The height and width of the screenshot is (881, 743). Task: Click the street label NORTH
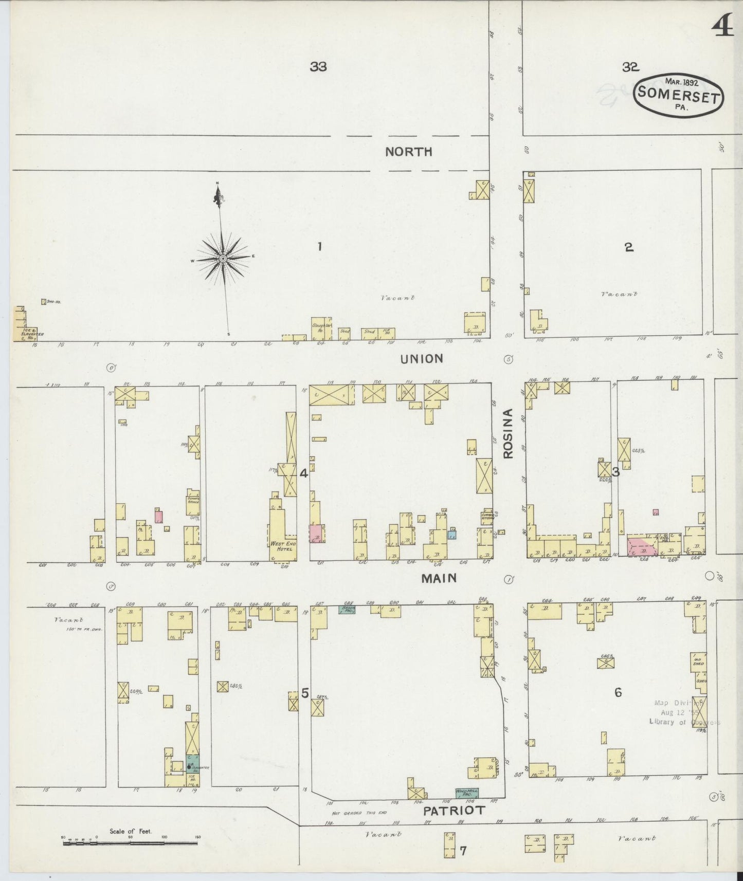[x=409, y=152]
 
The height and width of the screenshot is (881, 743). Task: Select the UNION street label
[x=422, y=359]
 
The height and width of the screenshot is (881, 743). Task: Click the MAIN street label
[x=439, y=578]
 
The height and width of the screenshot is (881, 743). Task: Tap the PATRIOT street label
[x=454, y=811]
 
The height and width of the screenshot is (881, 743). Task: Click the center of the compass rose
[x=223, y=259]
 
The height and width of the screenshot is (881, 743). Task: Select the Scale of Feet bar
[x=131, y=843]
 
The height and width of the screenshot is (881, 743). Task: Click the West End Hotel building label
[x=282, y=546]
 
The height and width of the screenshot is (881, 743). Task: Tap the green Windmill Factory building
[x=466, y=793]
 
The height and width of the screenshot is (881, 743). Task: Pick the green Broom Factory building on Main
[x=349, y=610]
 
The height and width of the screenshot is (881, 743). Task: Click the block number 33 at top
[x=318, y=66]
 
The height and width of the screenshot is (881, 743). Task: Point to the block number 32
[x=630, y=66]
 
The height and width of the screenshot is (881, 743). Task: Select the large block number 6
[x=618, y=692]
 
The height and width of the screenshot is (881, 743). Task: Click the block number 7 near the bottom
[x=463, y=851]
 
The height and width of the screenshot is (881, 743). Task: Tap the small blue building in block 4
[x=452, y=535]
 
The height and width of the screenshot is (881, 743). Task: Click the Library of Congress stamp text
[x=684, y=722]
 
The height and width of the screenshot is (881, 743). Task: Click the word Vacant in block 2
[x=619, y=295]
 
